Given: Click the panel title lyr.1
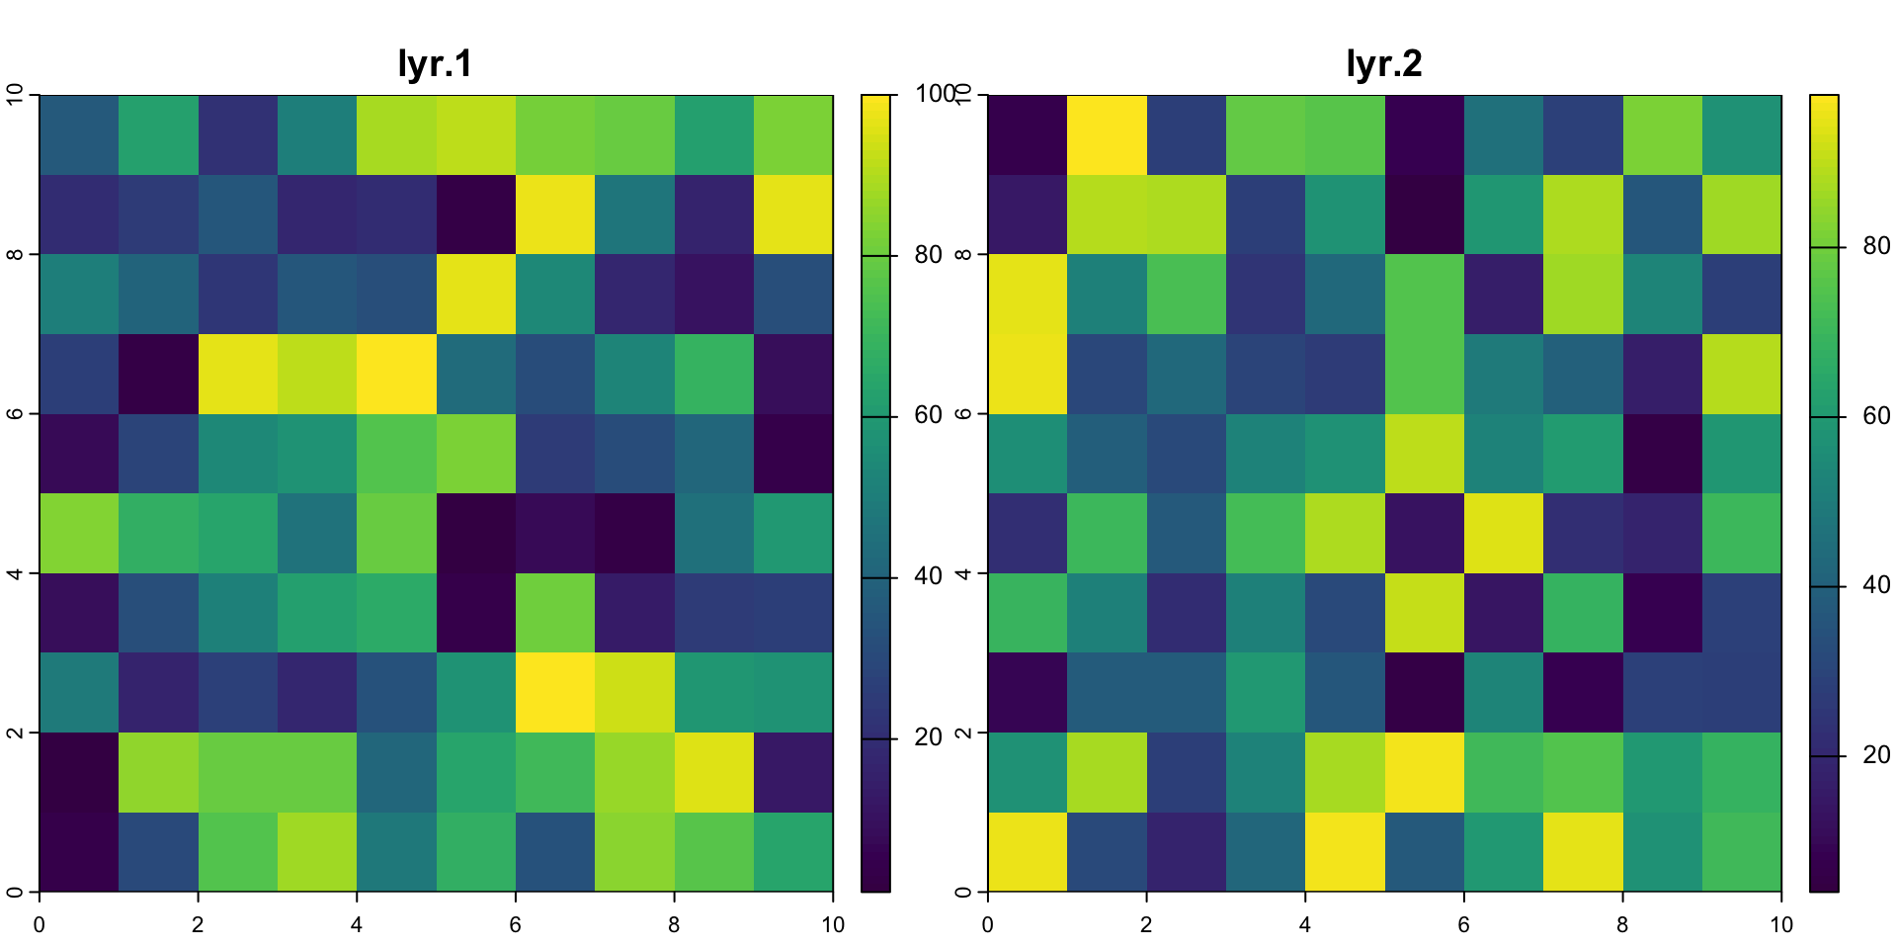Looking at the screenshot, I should pyautogui.click(x=435, y=64).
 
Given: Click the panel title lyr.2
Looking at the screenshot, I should pyautogui.click(x=1383, y=64).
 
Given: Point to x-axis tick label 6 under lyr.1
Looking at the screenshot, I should pyautogui.click(x=515, y=925).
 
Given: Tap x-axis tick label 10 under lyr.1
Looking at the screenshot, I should pyautogui.click(x=833, y=925).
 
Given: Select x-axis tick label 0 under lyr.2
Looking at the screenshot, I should pyautogui.click(x=988, y=925).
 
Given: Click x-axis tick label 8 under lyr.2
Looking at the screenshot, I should pyautogui.click(x=1622, y=925).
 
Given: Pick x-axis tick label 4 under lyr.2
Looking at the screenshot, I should pyautogui.click(x=1305, y=925).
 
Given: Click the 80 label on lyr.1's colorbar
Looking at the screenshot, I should pyautogui.click(x=929, y=255).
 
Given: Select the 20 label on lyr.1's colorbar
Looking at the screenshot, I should pyautogui.click(x=929, y=737).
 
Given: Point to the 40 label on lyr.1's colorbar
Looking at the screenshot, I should pyautogui.click(x=929, y=576).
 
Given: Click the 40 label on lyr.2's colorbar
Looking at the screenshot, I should pyautogui.click(x=1876, y=585).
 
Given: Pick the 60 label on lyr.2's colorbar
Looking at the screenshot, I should pyautogui.click(x=1876, y=416).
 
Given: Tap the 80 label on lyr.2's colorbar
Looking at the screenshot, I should pyautogui.click(x=1876, y=246).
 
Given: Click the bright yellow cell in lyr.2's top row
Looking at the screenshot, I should pyautogui.click(x=1107, y=135).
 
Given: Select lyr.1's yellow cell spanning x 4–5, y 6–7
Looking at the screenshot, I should pyautogui.click(x=396, y=374).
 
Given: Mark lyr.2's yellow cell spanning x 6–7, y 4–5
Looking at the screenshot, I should pyautogui.click(x=1503, y=533).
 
